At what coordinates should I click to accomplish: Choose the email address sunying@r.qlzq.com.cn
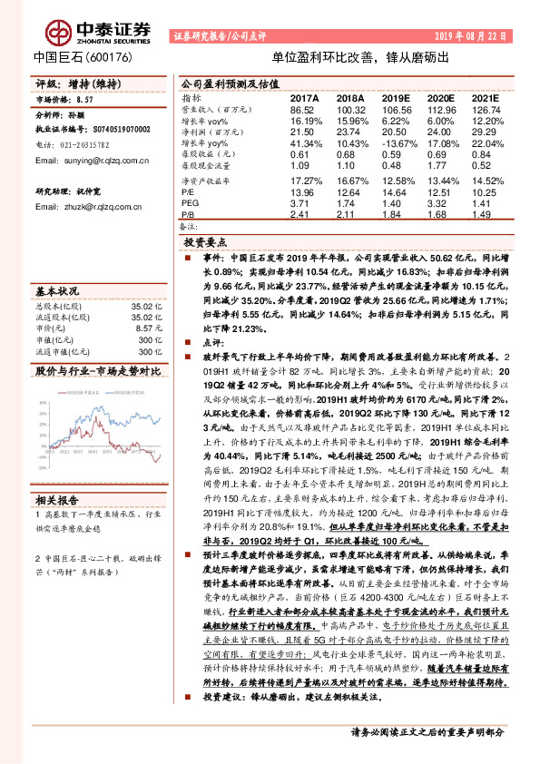point(91,160)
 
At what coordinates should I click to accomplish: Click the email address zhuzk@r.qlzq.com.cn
point(88,207)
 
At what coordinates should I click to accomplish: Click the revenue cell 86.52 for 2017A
point(302,108)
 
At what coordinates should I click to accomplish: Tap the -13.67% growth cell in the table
point(396,143)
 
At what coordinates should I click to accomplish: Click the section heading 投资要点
point(205,243)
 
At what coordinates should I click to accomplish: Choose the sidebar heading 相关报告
point(57,500)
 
